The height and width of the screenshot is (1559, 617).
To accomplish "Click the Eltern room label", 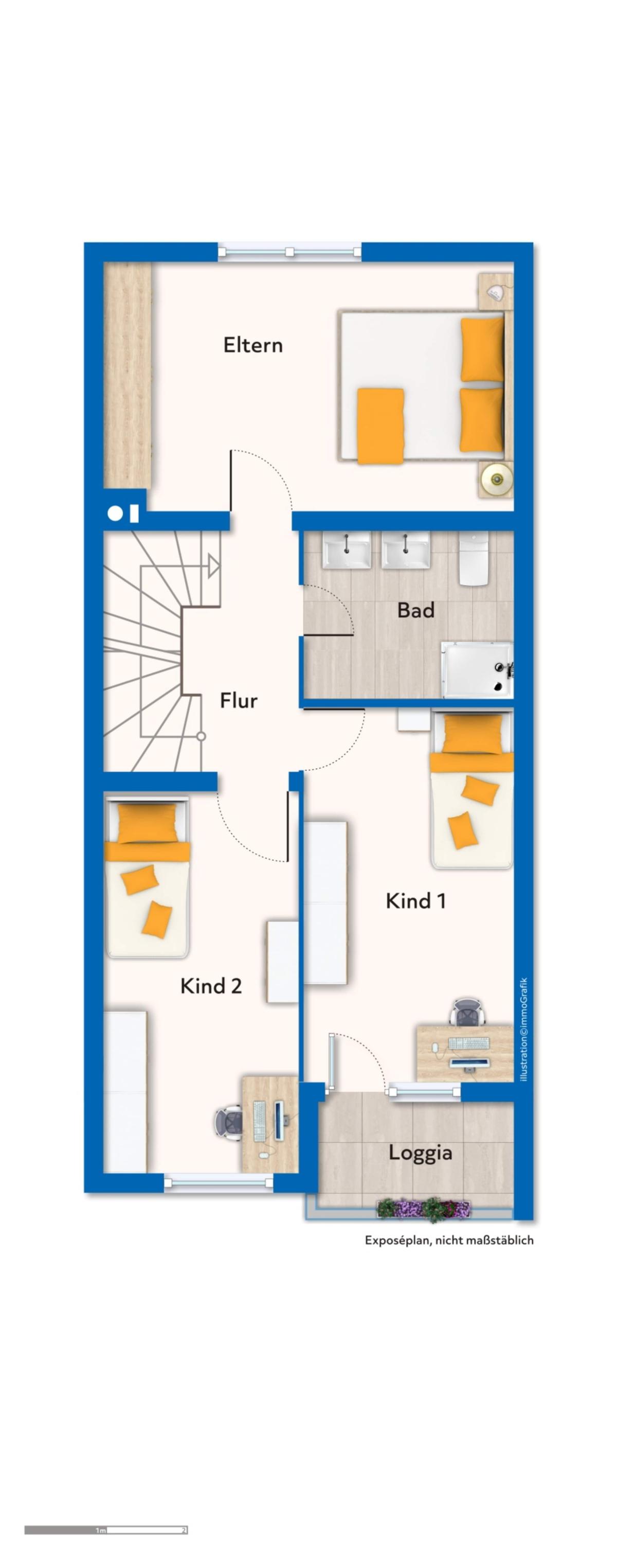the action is click(253, 345).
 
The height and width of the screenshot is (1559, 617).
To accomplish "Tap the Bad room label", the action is click(415, 610).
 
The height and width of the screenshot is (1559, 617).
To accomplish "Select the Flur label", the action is click(239, 700).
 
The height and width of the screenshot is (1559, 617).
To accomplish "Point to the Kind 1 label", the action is click(415, 900).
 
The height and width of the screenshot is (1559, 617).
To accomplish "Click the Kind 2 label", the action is click(211, 986).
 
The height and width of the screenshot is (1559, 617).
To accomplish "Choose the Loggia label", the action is click(421, 1153).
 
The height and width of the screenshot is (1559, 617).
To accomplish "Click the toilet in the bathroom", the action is click(474, 559).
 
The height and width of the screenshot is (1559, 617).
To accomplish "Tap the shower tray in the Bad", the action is click(477, 669).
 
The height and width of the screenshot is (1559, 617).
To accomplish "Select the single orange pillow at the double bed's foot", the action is click(380, 426).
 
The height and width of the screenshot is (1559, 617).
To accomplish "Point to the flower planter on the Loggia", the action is click(424, 1209).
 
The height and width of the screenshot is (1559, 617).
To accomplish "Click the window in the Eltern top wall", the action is click(290, 251).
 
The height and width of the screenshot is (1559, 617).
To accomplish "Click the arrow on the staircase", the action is click(213, 566).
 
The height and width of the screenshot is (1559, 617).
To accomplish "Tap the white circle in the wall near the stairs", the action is click(114, 514).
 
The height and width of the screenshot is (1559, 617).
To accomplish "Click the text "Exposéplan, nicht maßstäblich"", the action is click(449, 1240).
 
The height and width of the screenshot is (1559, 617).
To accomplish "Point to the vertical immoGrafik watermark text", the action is click(524, 1030).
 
